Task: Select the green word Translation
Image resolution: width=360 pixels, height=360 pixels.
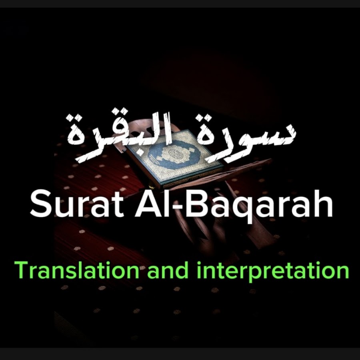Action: [x=77, y=270]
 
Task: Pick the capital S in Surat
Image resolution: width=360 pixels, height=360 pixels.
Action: [x=40, y=204]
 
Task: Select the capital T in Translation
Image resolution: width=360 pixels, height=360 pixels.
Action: [x=22, y=270]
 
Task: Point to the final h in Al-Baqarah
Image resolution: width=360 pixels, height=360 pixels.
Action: [x=324, y=204]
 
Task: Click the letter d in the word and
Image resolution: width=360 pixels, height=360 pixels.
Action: [x=182, y=270]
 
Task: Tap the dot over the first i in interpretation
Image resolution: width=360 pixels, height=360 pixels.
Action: [x=199, y=263]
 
